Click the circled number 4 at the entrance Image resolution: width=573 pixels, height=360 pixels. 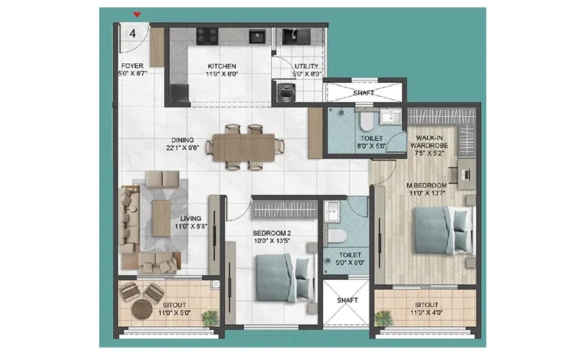pyautogui.click(x=132, y=34)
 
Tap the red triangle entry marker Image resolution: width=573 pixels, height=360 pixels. pyautogui.click(x=137, y=15)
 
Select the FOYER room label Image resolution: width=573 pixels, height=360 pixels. pyautogui.click(x=132, y=66)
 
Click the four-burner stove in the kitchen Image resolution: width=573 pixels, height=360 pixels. pyautogui.click(x=207, y=36)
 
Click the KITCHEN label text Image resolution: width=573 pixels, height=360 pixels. pyautogui.click(x=222, y=66)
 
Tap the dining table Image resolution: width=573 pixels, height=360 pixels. pyautogui.click(x=244, y=147)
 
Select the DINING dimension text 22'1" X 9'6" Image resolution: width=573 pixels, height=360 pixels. pyautogui.click(x=182, y=148)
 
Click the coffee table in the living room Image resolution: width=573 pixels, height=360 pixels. pyautogui.click(x=161, y=218)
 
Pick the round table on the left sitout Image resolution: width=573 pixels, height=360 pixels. pyautogui.click(x=143, y=309)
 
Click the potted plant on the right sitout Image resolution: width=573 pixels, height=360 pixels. pyautogui.click(x=383, y=318)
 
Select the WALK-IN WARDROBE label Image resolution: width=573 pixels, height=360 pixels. pyautogui.click(x=430, y=142)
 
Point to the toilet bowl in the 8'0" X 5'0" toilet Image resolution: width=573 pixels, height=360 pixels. pyautogui.click(x=366, y=121)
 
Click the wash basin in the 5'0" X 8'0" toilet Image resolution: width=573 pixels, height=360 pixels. pyautogui.click(x=332, y=212)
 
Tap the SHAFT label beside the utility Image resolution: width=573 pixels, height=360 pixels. pyautogui.click(x=364, y=93)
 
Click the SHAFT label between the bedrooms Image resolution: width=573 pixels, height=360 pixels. pyautogui.click(x=347, y=300)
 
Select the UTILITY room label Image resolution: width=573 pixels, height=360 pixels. pyautogui.click(x=306, y=66)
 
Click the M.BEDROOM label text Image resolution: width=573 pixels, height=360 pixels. pyautogui.click(x=427, y=186)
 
